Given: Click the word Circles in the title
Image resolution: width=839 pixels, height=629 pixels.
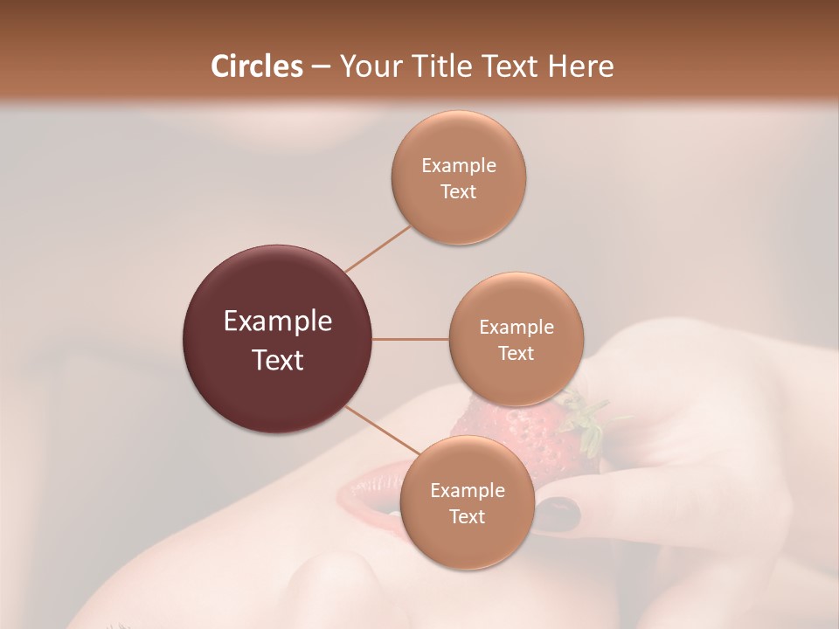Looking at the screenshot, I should point(256,66).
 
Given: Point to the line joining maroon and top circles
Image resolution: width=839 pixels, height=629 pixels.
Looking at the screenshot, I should point(378,247).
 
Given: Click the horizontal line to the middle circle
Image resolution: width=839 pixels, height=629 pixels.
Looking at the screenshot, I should point(411,339).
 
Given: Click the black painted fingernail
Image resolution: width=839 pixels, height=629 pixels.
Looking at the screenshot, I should point(557,515).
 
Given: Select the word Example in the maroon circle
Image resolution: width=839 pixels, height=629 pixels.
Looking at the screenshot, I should point(277,321).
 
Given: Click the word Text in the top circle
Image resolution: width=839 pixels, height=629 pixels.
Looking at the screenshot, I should point(458,191).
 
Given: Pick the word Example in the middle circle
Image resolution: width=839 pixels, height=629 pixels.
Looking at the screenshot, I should point(516,328).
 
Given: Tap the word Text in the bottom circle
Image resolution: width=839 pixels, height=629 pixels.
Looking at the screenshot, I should point(467,516).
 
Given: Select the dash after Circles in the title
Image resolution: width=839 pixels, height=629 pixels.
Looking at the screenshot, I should point(320,67).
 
